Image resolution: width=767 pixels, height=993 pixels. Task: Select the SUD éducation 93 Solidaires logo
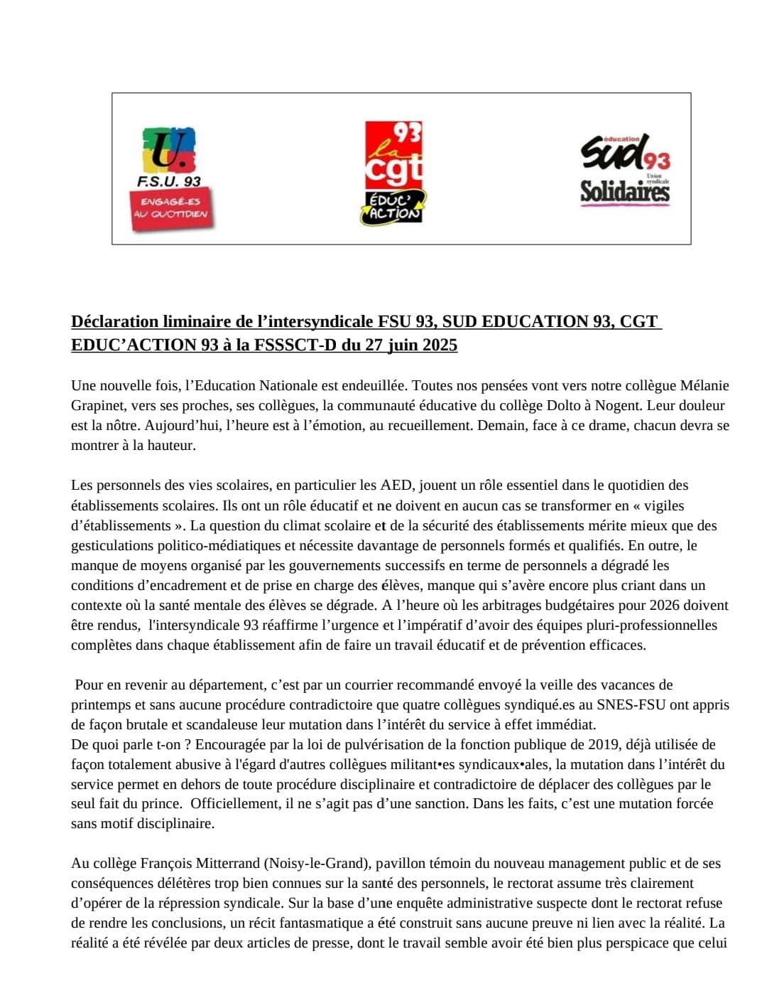pos(625,171)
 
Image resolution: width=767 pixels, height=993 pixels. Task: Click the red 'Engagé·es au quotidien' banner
pos(171,208)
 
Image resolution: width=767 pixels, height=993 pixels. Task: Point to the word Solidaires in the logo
pos(625,192)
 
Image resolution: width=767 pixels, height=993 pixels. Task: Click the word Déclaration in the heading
pos(115,322)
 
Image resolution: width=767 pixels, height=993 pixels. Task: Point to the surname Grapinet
pos(97,406)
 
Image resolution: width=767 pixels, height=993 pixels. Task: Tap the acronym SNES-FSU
pos(638,705)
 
